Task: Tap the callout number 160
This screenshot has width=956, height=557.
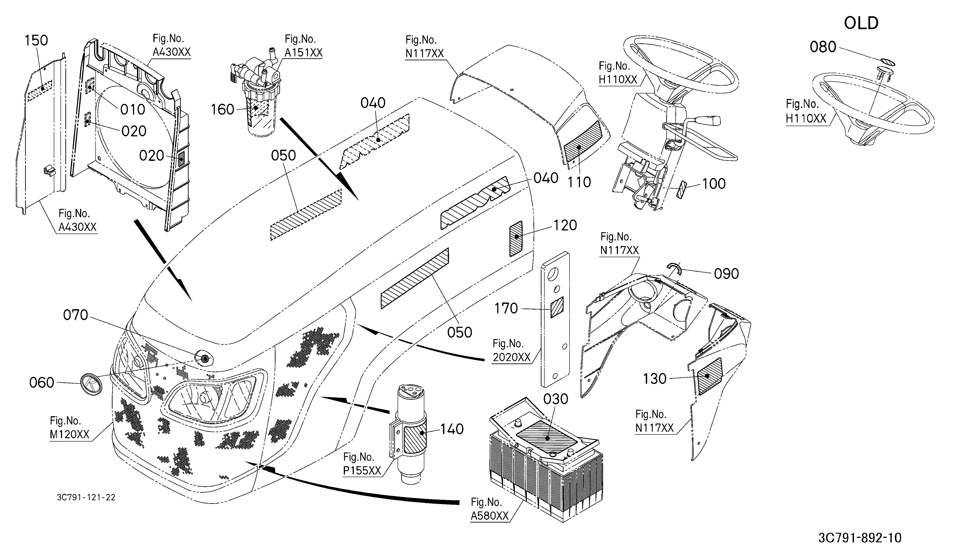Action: pos(222,110)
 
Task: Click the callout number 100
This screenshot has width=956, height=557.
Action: pos(714,184)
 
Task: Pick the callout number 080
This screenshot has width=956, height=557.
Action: pos(823,47)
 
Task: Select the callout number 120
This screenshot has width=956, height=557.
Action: pos(565,225)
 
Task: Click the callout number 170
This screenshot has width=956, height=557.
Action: pos(506,309)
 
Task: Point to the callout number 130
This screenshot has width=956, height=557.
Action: pos(655,379)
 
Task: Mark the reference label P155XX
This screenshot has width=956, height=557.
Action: pos(362,470)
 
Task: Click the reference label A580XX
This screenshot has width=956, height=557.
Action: pos(489,516)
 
